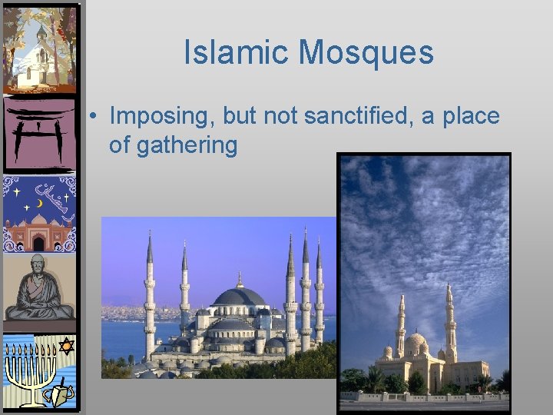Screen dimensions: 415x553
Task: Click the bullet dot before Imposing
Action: click(x=91, y=118)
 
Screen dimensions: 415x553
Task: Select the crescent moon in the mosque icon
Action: click(x=40, y=203)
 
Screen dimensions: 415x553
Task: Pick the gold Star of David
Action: click(x=66, y=348)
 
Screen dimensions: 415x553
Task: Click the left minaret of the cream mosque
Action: click(x=400, y=327)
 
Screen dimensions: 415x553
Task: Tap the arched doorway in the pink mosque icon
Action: click(x=38, y=244)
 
